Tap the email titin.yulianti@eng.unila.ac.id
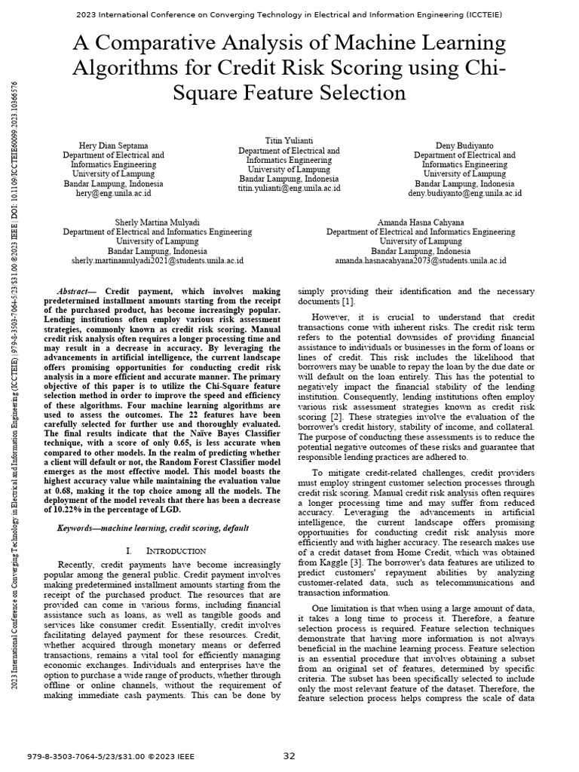[x=289, y=188]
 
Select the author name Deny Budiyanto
[x=464, y=145]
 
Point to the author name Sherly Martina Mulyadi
[x=157, y=222]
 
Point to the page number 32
[x=289, y=756]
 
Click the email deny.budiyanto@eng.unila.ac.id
[x=464, y=193]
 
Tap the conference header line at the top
[x=289, y=14]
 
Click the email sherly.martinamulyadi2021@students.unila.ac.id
[x=157, y=260]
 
